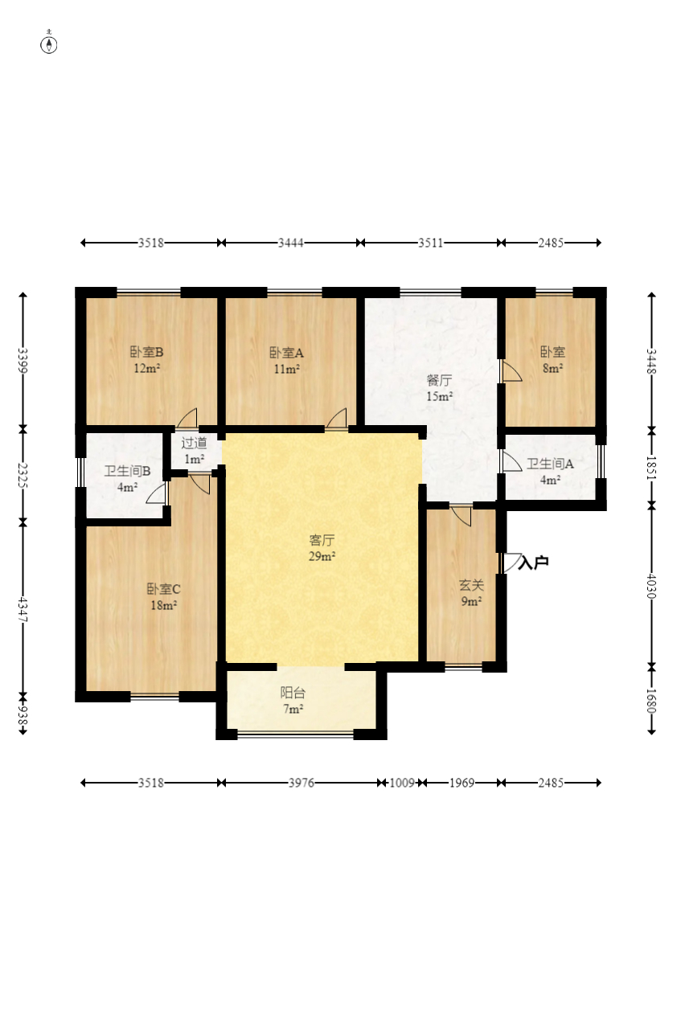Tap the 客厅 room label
point(322,540)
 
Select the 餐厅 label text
point(439,380)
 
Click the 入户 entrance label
point(533,563)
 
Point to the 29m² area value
point(322,556)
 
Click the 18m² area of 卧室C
point(164,605)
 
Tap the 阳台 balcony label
point(293,693)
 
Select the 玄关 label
point(471,585)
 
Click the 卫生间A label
point(549,464)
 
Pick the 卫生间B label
point(127,471)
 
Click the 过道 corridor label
point(194,443)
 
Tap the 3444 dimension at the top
point(291,243)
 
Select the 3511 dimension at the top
point(431,243)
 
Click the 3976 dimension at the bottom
point(302,783)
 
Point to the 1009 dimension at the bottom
point(402,783)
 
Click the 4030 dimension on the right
point(651,586)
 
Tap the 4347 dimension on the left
point(23,609)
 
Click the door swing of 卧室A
point(337,418)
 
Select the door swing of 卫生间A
point(512,462)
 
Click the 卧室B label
point(147,352)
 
